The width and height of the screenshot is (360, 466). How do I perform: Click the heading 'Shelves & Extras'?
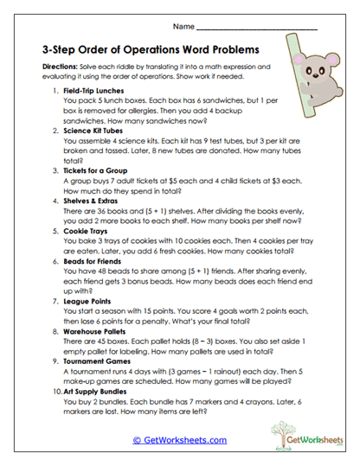tap(93, 200)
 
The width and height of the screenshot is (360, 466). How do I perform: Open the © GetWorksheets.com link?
tap(180, 441)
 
